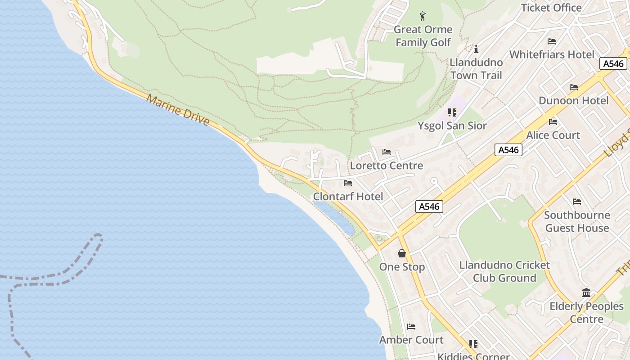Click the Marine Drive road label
click(178, 110)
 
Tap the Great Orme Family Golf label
click(423, 36)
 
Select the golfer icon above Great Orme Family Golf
click(423, 17)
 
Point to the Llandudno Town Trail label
click(476, 69)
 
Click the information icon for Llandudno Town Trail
click(476, 49)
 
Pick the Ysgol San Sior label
click(452, 126)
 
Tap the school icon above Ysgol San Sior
click(452, 112)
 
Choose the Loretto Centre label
click(387, 165)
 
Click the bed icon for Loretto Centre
click(387, 152)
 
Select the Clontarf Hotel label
click(348, 196)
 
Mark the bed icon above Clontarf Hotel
click(348, 183)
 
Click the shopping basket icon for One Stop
click(402, 254)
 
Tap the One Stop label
click(402, 267)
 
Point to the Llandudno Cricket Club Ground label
click(504, 271)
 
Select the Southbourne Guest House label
click(577, 221)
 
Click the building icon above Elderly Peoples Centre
click(586, 293)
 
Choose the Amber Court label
click(411, 340)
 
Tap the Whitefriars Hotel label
click(552, 54)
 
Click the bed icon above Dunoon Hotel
click(574, 87)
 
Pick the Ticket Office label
click(551, 8)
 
